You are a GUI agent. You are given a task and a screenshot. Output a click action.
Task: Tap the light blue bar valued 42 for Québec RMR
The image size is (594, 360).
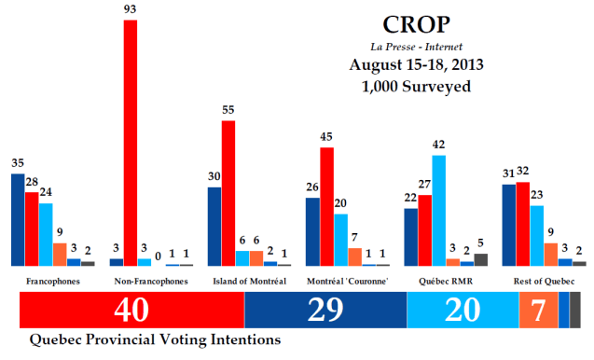click(438, 210)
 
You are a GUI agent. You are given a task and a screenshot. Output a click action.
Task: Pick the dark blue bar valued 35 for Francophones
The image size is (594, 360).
click(18, 219)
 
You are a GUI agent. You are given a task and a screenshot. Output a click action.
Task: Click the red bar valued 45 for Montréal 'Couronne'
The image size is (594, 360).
click(326, 206)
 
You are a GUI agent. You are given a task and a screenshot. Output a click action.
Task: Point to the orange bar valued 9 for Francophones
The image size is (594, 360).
click(60, 254)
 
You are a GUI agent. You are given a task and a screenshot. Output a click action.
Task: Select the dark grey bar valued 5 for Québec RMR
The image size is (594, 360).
click(480, 259)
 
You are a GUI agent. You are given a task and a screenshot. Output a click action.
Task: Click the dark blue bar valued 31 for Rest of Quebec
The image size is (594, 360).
click(508, 225)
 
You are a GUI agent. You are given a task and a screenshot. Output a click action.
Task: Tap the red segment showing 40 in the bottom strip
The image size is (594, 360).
click(131, 310)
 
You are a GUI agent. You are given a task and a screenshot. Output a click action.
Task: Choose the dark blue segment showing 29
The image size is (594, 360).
click(325, 310)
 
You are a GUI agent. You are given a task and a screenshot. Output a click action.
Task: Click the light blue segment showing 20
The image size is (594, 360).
click(463, 310)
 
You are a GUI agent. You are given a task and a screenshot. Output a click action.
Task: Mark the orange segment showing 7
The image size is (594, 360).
click(538, 310)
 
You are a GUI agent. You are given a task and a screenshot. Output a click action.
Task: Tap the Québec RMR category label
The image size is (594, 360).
click(438, 281)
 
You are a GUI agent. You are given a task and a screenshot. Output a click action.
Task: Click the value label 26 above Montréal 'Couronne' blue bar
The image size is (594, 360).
click(311, 187)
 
